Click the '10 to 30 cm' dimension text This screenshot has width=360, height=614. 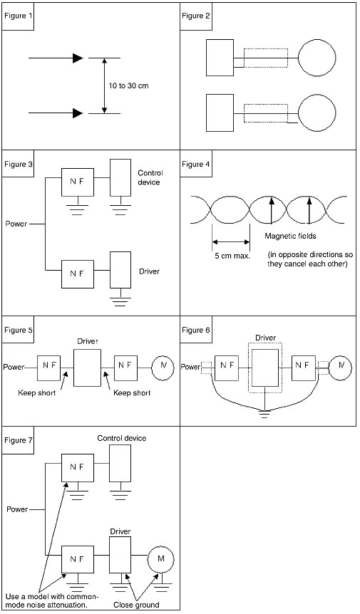(128, 85)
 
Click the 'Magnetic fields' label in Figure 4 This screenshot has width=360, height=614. (290, 236)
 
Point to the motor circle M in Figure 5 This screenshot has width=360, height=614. (162, 368)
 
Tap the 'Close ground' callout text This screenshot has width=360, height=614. (136, 605)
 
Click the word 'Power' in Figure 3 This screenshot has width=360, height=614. (16, 224)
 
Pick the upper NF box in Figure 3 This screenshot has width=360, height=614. (78, 182)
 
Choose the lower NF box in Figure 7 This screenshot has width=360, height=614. (78, 560)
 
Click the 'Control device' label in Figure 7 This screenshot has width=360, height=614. (122, 438)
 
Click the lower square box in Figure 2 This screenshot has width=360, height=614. (220, 113)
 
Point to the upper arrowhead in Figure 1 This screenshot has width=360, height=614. (78, 58)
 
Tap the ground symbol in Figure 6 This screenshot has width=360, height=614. (264, 415)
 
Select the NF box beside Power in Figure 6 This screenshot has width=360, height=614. (227, 368)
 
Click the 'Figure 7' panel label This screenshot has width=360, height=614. (17, 440)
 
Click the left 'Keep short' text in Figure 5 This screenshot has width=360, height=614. (37, 392)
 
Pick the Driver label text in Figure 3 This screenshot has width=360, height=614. (149, 271)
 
